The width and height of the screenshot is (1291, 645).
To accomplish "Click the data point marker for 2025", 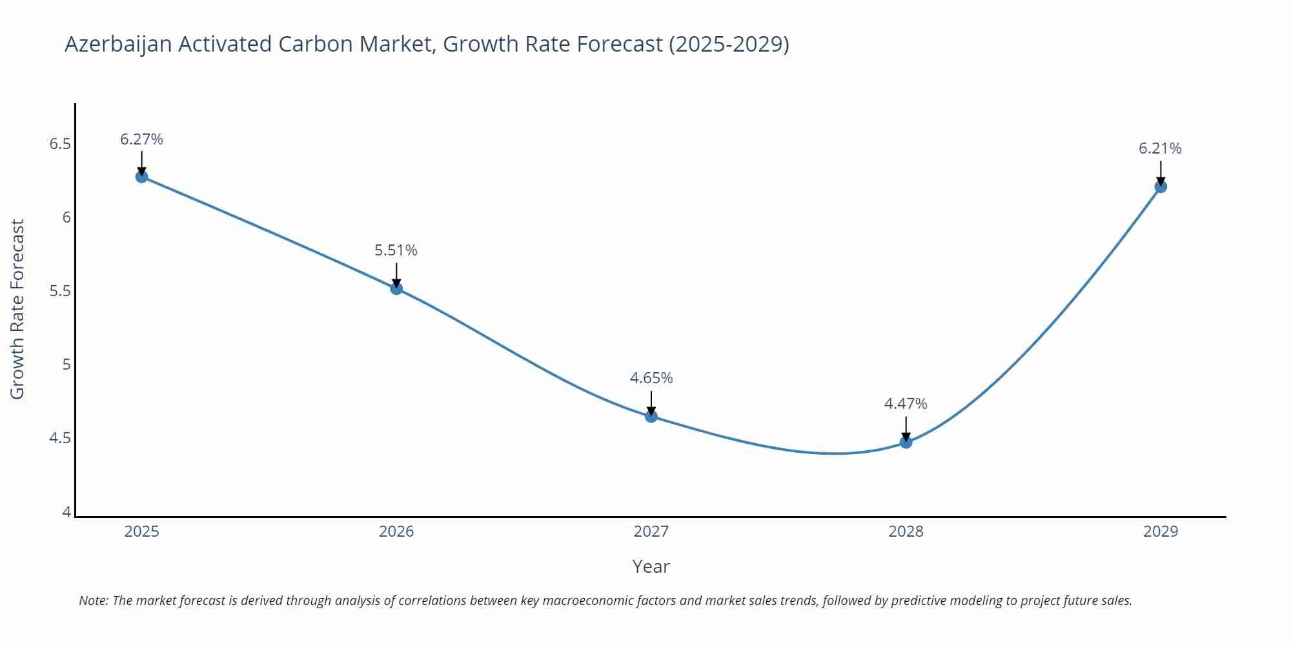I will [141, 177].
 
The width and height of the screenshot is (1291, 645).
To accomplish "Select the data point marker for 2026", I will [396, 288].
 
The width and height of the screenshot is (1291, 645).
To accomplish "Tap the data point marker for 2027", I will [651, 416].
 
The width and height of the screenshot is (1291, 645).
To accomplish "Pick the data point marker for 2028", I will [906, 442].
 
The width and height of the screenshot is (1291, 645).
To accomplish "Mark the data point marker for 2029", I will [1160, 186].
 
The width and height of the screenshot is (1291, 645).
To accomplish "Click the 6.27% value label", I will [141, 139].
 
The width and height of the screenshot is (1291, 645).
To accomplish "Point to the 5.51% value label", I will [396, 250].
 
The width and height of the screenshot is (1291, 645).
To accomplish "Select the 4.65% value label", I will [651, 378].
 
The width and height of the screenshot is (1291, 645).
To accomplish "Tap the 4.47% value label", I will [905, 404].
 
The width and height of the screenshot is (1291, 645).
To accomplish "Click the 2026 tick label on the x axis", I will [396, 531].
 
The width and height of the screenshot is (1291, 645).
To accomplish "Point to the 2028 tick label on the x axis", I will [906, 531].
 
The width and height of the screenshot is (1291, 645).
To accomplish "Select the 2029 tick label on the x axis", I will [1160, 531].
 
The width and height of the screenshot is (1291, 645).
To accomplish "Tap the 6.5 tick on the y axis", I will [60, 144].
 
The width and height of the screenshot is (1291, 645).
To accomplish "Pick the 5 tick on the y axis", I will [66, 365].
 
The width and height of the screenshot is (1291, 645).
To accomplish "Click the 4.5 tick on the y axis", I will [60, 439].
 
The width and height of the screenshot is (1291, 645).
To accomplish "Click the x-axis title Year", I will [651, 566].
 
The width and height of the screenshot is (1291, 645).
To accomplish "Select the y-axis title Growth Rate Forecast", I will [17, 310].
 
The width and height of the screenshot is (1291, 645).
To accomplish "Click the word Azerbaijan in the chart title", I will [118, 45].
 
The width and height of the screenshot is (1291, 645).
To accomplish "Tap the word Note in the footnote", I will [93, 600].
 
